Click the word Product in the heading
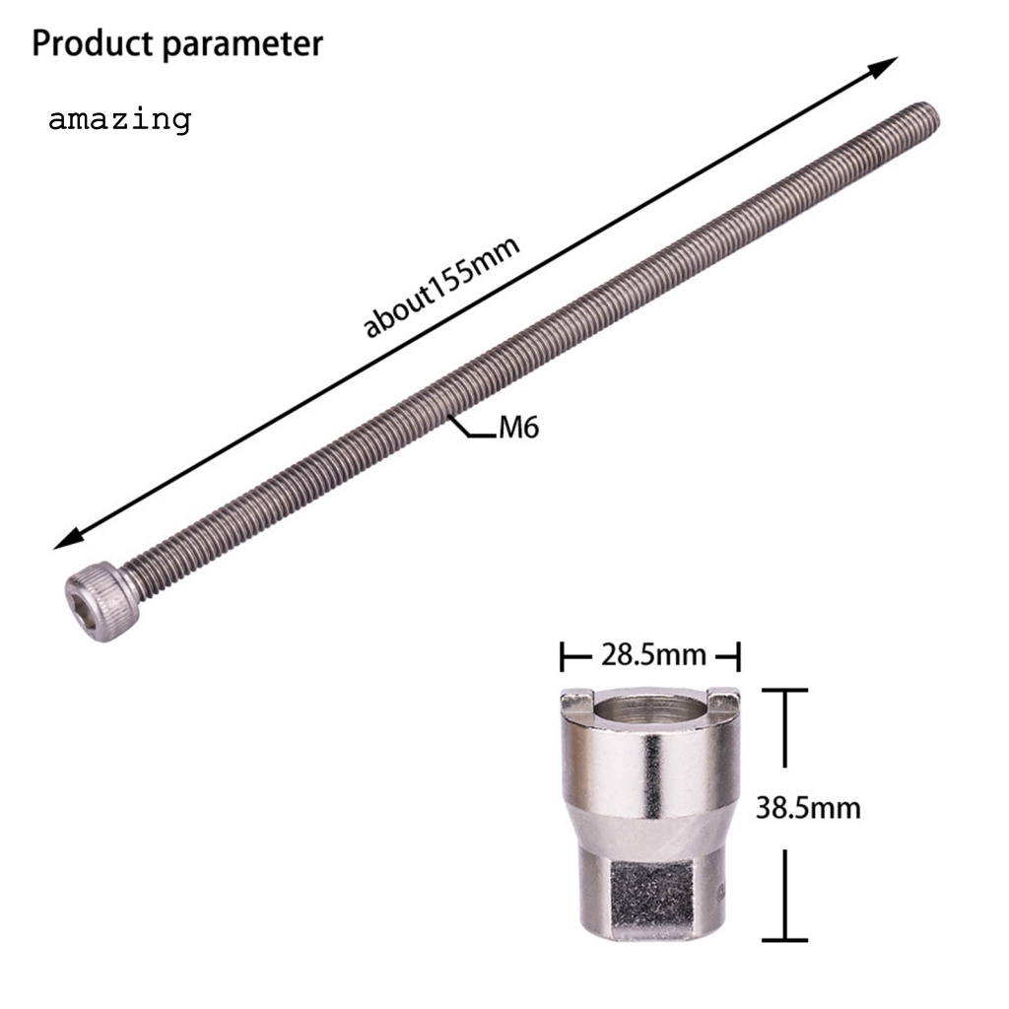tap(90, 44)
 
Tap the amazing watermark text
tap(119, 120)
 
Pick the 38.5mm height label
tap(808, 808)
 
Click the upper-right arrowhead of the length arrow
tap(886, 65)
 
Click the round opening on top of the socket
tap(649, 708)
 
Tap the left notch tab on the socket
tap(574, 701)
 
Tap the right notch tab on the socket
tap(726, 701)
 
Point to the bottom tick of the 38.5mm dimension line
tap(785, 940)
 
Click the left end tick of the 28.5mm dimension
tap(564, 655)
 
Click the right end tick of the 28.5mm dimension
tap(737, 655)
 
